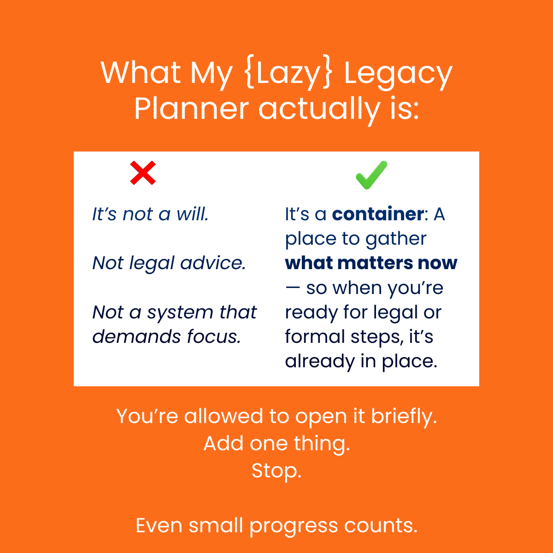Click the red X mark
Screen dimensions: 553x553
[x=142, y=173]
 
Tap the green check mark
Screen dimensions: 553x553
[x=371, y=175]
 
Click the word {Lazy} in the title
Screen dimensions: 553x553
[x=289, y=73]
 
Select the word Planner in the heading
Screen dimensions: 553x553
[x=191, y=109]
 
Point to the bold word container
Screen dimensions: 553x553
[x=378, y=214]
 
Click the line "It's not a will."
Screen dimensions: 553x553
[x=150, y=214]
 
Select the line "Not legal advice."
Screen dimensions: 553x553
[x=169, y=264]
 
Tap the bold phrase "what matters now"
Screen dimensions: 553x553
[x=371, y=263]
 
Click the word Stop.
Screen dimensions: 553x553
[x=276, y=471]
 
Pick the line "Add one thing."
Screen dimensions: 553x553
[x=276, y=443]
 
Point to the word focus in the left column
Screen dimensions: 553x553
[x=214, y=336]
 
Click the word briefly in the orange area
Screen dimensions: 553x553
[x=404, y=417]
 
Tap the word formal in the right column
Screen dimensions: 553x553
[x=315, y=336]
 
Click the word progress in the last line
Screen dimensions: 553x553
[x=294, y=527]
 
